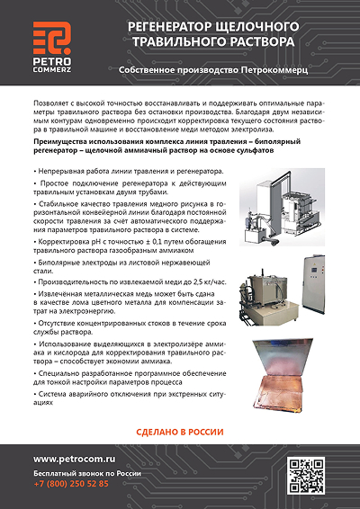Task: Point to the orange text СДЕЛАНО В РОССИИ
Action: point(179,430)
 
